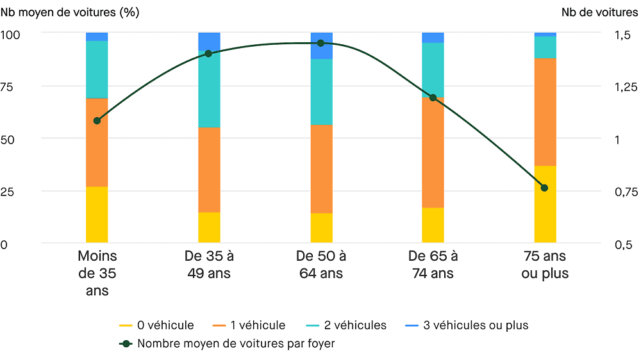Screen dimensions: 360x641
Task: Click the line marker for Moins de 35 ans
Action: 97,120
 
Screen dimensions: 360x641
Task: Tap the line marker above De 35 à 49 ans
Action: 208,53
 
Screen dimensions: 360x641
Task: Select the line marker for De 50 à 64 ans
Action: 320,43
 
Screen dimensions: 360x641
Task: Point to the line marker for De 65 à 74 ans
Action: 433,97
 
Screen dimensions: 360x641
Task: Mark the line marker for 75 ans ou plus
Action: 545,188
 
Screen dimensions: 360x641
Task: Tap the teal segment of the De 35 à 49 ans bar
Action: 208,90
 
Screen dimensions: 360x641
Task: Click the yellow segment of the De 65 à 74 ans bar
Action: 433,225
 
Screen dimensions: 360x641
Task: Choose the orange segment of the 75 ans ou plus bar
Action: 545,112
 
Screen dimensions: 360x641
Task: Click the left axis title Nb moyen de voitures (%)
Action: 69,12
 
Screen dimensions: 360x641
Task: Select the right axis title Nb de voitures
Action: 599,12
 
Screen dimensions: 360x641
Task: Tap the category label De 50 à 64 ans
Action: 320,265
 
